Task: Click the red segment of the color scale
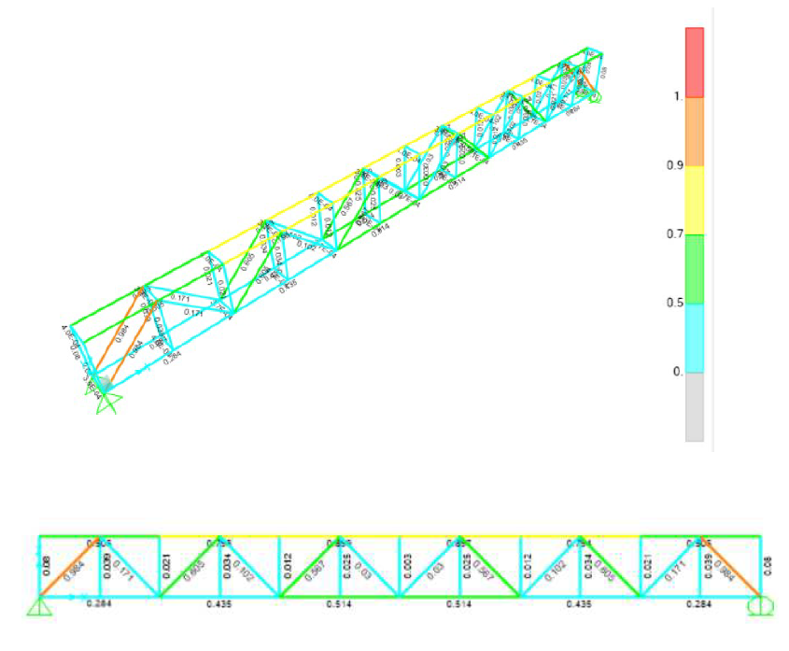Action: point(694,62)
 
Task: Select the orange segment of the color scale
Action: point(694,131)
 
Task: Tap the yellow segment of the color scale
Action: point(694,200)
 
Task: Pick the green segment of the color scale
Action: point(694,269)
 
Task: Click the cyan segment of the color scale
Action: point(694,337)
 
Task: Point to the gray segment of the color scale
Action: point(694,406)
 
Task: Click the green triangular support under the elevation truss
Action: point(39,607)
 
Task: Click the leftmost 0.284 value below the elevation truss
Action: point(98,604)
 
